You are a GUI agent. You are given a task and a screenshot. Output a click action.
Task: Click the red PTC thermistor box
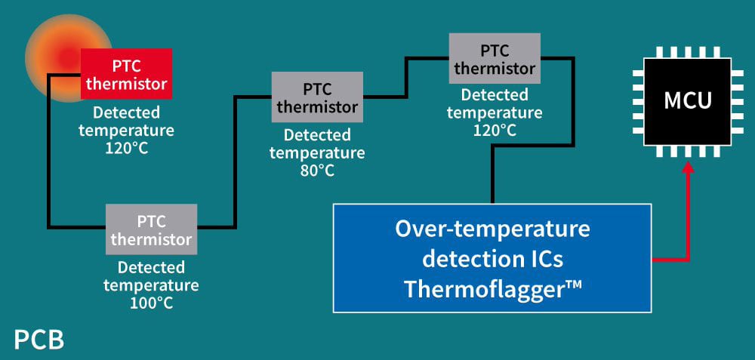[x=126, y=73]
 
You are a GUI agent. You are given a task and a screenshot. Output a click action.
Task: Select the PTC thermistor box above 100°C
[x=151, y=229]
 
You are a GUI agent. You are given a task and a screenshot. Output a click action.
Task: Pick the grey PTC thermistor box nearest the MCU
[x=495, y=58]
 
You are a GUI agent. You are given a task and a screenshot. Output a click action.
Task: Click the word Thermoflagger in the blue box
[x=483, y=288]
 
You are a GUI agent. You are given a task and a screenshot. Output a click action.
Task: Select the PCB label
[x=39, y=340]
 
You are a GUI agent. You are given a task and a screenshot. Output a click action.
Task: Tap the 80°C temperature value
[x=317, y=170]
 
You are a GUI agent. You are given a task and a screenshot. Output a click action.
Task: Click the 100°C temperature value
[x=151, y=303]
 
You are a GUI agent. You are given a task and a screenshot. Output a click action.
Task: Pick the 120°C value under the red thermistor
[x=126, y=147]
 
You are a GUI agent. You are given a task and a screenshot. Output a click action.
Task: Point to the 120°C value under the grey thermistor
[x=495, y=130]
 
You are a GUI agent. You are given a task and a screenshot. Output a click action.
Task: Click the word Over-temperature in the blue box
[x=492, y=229]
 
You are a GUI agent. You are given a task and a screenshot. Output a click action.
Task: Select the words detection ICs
[x=492, y=259]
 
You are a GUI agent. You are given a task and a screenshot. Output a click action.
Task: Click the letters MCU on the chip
[x=688, y=100]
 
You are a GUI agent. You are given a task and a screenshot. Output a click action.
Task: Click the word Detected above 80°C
[x=317, y=135]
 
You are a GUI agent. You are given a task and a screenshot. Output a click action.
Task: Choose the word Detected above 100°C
[x=151, y=267]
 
